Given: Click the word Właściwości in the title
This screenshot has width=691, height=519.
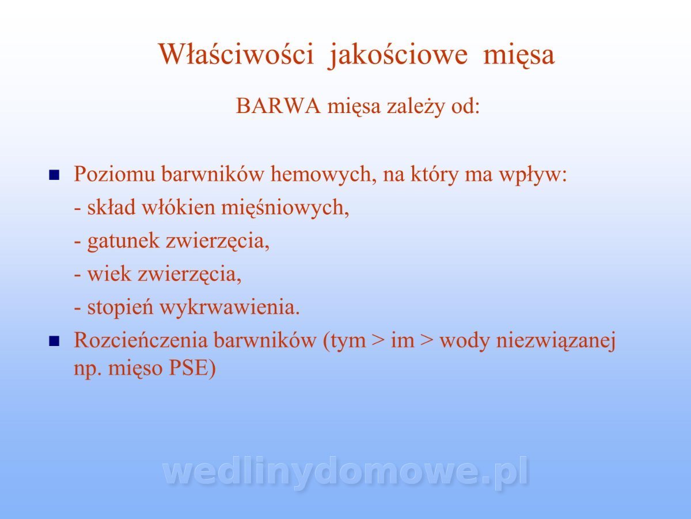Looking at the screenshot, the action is (x=236, y=54).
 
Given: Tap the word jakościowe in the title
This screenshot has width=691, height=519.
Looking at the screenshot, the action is (x=398, y=55).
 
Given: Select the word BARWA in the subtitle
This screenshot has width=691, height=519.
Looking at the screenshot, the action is (x=278, y=106).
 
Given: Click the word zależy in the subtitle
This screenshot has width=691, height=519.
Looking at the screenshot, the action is (x=415, y=107).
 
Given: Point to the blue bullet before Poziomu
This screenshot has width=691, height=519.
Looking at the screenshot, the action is (x=54, y=175).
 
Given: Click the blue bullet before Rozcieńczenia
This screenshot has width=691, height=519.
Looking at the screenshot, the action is (x=54, y=341).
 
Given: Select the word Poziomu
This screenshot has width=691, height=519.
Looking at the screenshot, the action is (x=114, y=174).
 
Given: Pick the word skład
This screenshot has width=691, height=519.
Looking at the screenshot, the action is (x=112, y=207).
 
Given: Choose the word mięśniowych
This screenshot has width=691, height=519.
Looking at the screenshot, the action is (x=284, y=208).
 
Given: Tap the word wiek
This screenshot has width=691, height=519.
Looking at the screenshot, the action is (x=109, y=273).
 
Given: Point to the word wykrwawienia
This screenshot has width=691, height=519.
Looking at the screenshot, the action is (x=229, y=307).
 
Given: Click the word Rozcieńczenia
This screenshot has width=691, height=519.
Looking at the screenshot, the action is (x=141, y=340).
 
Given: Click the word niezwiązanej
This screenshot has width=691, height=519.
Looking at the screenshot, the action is (x=556, y=341).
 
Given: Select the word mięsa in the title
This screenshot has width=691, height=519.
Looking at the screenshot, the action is (x=518, y=56).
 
